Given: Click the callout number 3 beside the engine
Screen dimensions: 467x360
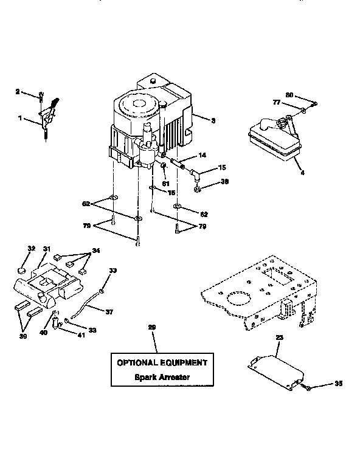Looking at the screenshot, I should click(x=213, y=120).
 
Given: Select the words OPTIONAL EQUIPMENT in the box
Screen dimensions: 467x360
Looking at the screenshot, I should click(x=162, y=362).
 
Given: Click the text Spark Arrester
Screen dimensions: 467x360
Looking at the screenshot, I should click(x=162, y=377).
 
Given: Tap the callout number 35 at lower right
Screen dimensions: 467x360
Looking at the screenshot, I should click(x=337, y=384).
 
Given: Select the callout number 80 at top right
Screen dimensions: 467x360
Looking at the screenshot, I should click(x=289, y=95).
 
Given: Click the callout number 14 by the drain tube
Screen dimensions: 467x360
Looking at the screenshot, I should click(x=202, y=156).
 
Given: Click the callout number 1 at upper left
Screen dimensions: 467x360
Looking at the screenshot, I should click(x=21, y=119).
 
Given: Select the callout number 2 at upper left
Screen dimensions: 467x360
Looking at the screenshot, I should click(x=18, y=92).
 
